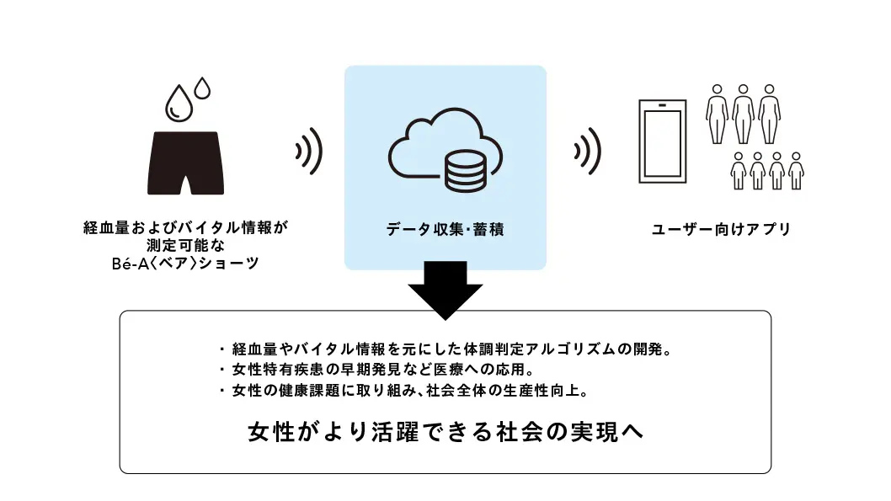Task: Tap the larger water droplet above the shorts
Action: click(x=179, y=103)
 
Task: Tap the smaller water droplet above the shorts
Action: click(x=202, y=87)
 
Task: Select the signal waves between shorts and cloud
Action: click(x=309, y=152)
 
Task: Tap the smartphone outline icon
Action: click(x=663, y=143)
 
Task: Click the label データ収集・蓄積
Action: click(x=445, y=229)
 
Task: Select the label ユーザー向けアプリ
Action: click(x=722, y=228)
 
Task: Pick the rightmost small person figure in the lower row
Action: click(x=796, y=171)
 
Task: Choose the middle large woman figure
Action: click(x=743, y=114)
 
